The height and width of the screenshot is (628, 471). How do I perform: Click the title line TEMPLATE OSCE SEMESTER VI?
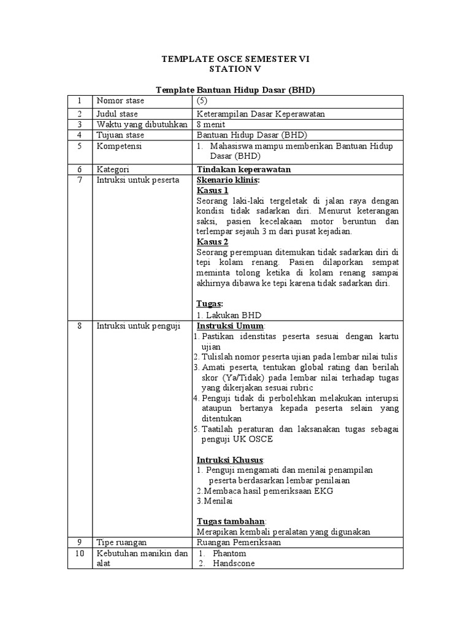pos(235,59)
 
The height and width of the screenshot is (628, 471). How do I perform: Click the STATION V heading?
pos(235,69)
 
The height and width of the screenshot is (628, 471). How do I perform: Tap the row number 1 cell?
pos(79,101)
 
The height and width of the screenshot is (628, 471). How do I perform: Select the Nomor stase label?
pos(118,101)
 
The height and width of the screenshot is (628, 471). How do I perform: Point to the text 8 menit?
pos(211,124)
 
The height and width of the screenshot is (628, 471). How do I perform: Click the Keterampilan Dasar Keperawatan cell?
pos(261,113)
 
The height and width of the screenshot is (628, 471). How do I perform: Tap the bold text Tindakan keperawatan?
pos(243,169)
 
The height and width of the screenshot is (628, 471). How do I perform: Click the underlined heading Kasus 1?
pos(212,191)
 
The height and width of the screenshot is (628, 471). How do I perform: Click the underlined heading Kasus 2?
pos(212,242)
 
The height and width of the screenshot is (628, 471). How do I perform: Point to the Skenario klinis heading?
pos(228,180)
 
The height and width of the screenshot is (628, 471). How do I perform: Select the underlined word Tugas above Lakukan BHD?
pos(209,304)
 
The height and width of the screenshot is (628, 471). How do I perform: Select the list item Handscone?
pos(234,564)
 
